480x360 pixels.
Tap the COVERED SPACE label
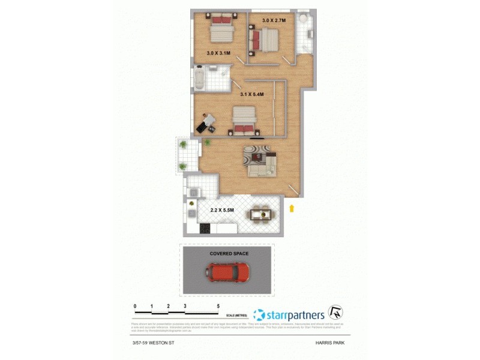pos(229,254)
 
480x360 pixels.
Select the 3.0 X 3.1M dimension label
pos(218,53)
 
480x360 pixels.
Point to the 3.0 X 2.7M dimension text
pos(275,20)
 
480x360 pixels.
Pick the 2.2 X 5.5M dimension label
pos(223,210)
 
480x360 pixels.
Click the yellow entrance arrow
pos(292,208)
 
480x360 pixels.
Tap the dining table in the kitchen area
pos(260,214)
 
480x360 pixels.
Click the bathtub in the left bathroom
pos(200,79)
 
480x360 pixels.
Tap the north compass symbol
pos(336,313)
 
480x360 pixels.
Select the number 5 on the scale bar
pos(218,307)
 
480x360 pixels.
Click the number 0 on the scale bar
pos(136,307)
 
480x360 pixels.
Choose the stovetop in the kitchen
pos(203,228)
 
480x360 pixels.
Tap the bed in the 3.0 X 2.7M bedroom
pos(265,41)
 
